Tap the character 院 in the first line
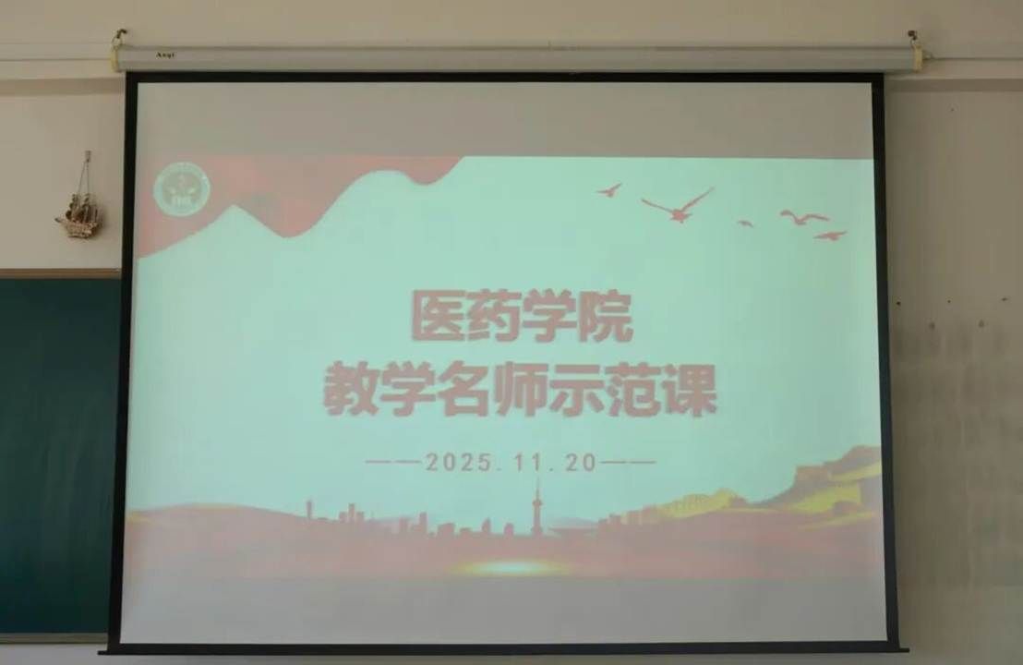pos(608,317)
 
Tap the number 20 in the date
pos(582,463)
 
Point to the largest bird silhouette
pos(678,205)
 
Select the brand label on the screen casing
pos(165,55)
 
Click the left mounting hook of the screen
pos(119,39)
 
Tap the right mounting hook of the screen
pos(914,41)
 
